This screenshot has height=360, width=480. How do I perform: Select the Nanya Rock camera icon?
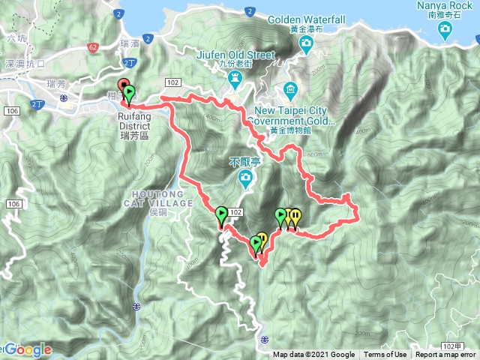(x=446, y=30)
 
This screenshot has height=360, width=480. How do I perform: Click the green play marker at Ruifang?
(x=130, y=94)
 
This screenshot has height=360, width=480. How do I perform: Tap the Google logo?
(x=28, y=349)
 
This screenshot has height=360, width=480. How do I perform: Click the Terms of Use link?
(x=385, y=355)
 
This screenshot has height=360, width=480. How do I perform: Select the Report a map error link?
(x=445, y=355)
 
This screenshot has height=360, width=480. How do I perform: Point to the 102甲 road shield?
(x=452, y=345)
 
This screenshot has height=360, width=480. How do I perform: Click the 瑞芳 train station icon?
(x=64, y=97)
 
